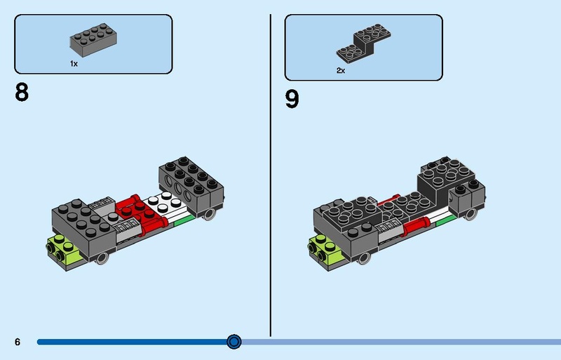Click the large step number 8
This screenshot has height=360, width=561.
pyautogui.click(x=22, y=93)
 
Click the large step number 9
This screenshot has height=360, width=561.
pyautogui.click(x=292, y=99)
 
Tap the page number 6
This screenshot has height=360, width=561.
pyautogui.click(x=18, y=342)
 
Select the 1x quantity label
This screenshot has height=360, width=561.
pyautogui.click(x=74, y=63)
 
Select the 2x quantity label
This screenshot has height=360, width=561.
pyautogui.click(x=341, y=70)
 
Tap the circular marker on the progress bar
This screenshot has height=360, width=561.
pyautogui.click(x=234, y=342)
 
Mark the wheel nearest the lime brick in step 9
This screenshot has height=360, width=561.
pyautogui.click(x=364, y=258)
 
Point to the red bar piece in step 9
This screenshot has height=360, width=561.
pyautogui.click(x=413, y=225)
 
